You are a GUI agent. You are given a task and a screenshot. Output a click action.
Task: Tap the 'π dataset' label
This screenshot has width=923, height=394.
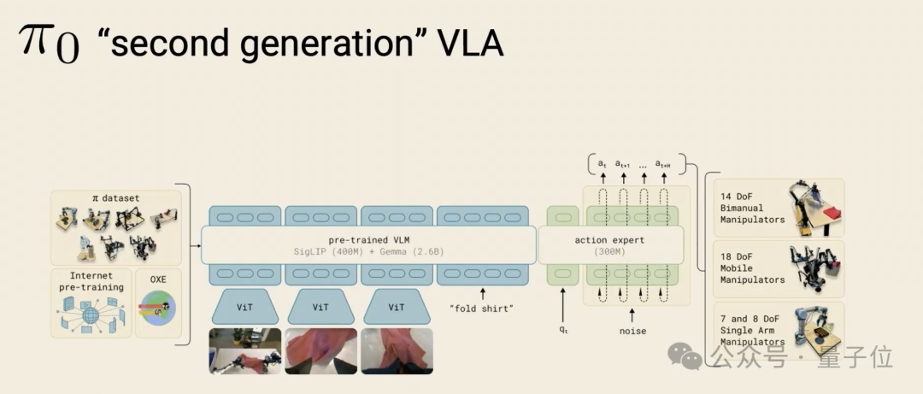[x=115, y=198]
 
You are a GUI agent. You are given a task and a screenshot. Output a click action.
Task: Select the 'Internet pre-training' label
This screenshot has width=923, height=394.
[x=91, y=281]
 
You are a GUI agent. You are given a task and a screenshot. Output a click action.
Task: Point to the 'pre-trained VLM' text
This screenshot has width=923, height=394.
[x=368, y=240]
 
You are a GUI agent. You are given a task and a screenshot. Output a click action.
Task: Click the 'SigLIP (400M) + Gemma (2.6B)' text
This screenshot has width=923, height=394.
[x=368, y=252]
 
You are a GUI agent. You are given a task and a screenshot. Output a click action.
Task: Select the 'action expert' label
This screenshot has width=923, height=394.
[x=609, y=240]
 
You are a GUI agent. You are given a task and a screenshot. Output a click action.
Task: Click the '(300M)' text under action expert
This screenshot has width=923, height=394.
[x=609, y=252]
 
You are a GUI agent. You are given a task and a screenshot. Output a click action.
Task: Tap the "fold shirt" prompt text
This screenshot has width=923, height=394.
[x=482, y=308]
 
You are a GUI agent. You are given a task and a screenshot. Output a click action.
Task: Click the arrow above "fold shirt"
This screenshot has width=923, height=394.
[x=482, y=292]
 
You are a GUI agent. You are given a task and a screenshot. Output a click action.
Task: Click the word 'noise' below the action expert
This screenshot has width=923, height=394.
[x=632, y=331]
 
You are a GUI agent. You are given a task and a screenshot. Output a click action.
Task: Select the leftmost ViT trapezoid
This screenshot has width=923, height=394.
[x=244, y=307]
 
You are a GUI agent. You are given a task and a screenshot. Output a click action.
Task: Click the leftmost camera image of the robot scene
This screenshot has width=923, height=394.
[x=245, y=350]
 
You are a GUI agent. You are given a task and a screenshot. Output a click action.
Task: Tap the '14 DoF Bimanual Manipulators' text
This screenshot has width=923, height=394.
[x=752, y=208]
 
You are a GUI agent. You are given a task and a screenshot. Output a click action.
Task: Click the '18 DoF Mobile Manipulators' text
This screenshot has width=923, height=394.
[x=752, y=268]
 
